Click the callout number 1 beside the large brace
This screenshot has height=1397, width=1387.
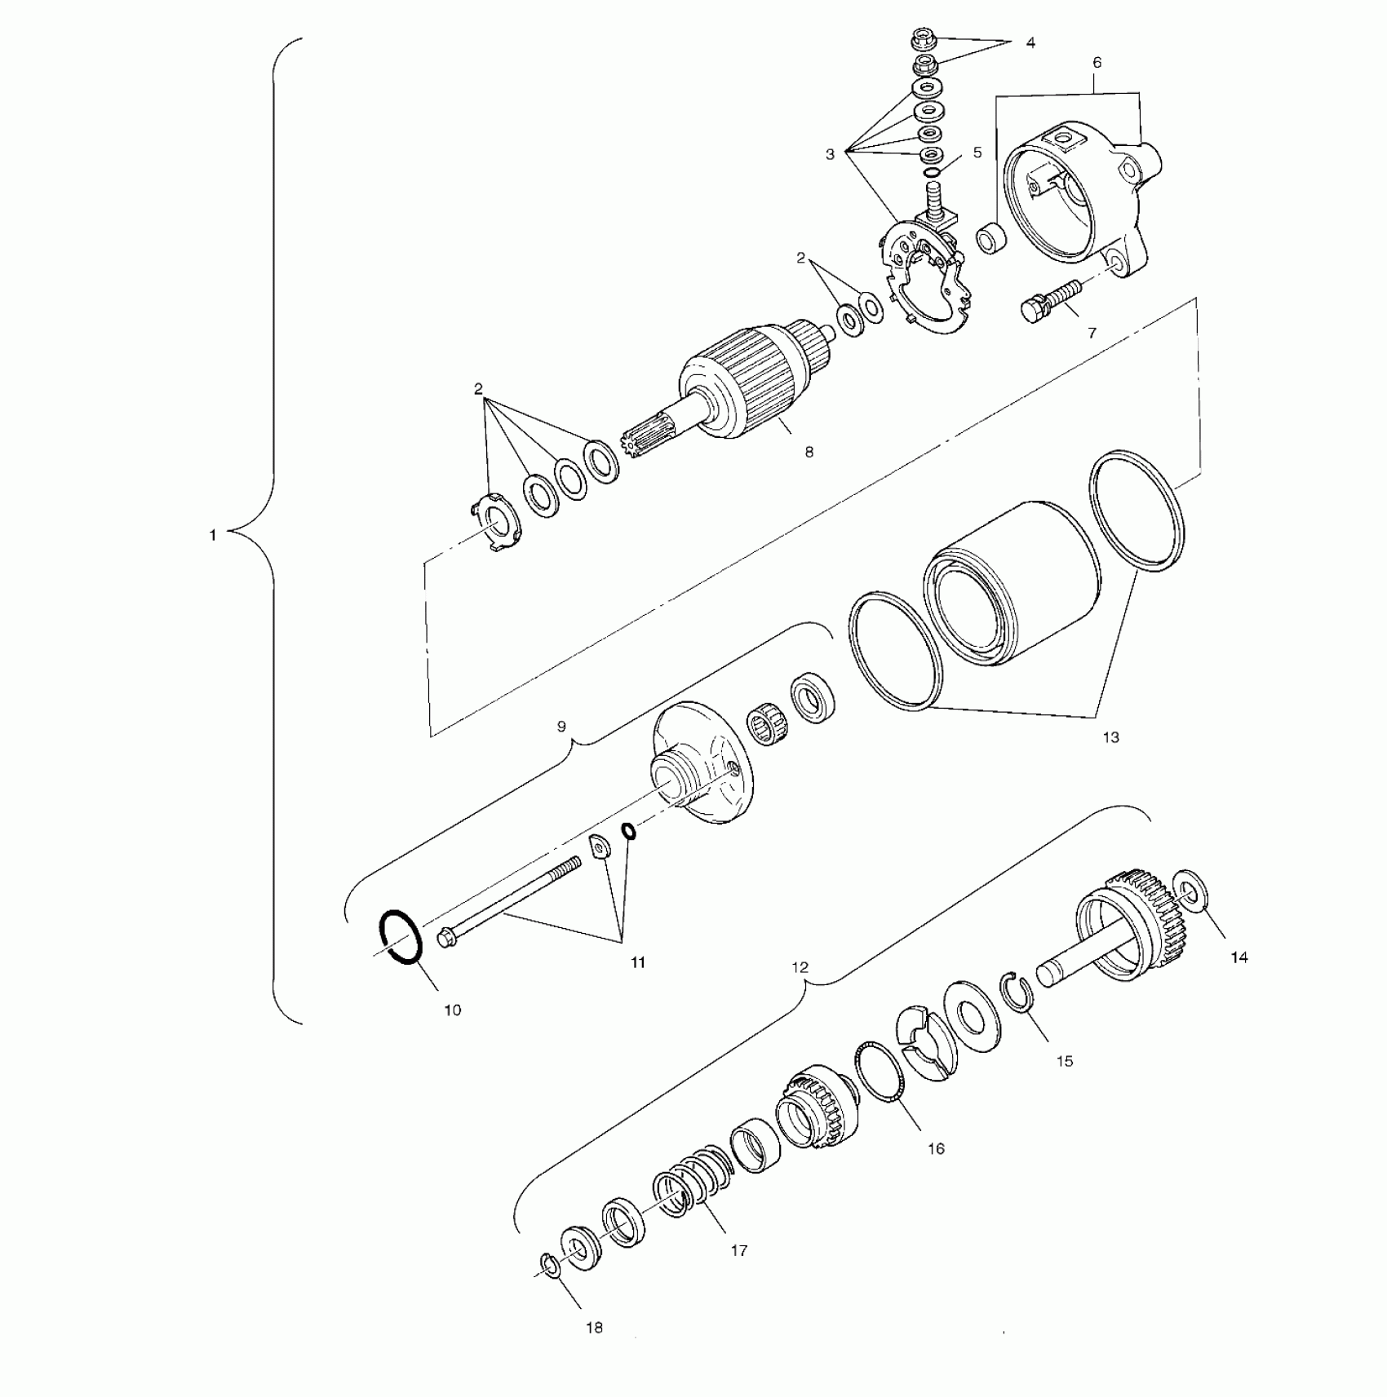[213, 536]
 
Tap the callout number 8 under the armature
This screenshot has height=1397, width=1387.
[809, 452]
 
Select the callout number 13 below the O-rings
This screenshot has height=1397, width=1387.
[1110, 737]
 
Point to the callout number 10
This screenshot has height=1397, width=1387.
[452, 1010]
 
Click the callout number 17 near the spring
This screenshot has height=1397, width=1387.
[738, 1250]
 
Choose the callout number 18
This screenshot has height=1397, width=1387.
[594, 1328]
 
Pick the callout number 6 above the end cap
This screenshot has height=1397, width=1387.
[1097, 62]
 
